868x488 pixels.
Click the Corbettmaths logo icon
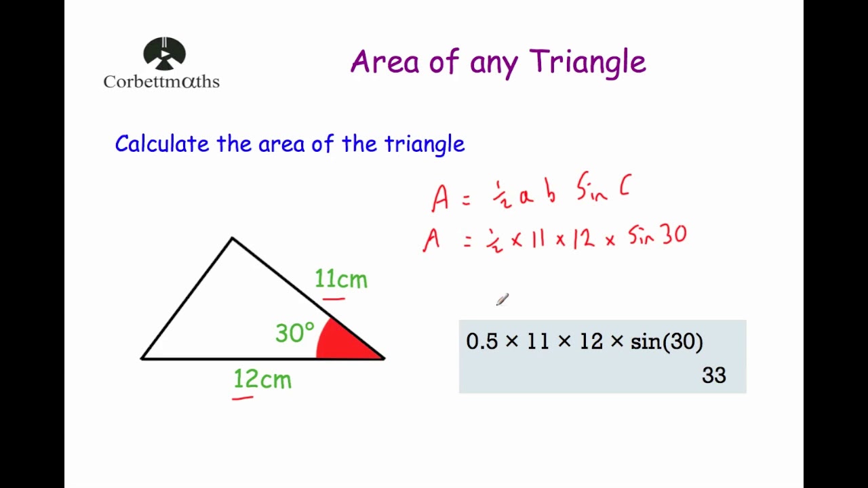[164, 54]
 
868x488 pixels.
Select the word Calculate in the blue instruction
[162, 144]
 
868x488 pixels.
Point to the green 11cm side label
[341, 279]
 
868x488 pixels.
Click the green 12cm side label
[262, 380]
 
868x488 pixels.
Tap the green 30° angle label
[294, 333]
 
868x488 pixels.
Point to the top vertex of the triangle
[232, 238]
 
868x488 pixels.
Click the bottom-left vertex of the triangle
[142, 358]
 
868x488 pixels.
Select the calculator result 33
[714, 375]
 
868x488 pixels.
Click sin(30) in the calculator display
[667, 342]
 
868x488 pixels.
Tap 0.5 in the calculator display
[481, 342]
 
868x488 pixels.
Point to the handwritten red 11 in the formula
[538, 240]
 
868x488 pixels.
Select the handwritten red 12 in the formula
[583, 239]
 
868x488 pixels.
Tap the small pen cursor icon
[502, 300]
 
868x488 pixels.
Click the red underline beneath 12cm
[243, 399]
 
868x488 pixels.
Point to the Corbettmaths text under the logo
[161, 82]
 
